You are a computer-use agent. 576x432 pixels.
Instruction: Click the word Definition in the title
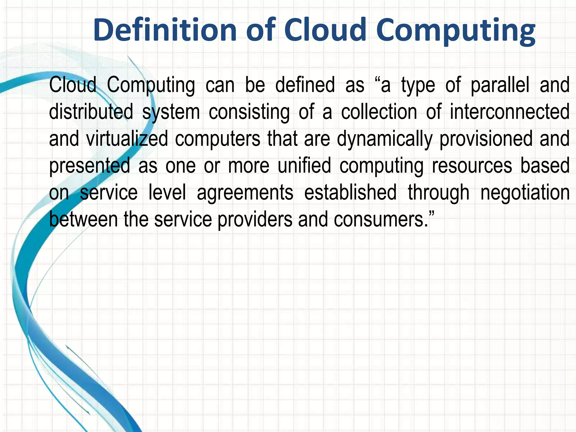[x=165, y=30]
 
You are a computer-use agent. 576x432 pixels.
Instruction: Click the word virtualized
[x=127, y=139]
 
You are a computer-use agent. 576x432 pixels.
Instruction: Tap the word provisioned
[x=486, y=139]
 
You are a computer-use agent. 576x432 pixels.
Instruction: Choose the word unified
[x=304, y=165]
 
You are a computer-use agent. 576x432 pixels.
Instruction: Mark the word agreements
[x=245, y=193]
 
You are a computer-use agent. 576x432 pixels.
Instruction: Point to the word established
[x=350, y=192]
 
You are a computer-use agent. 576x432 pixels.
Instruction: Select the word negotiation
[x=525, y=193]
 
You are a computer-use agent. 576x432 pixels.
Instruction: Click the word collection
[x=379, y=112]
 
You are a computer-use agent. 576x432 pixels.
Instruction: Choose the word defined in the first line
[x=305, y=85]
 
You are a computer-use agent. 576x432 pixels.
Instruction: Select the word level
[x=167, y=192]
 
